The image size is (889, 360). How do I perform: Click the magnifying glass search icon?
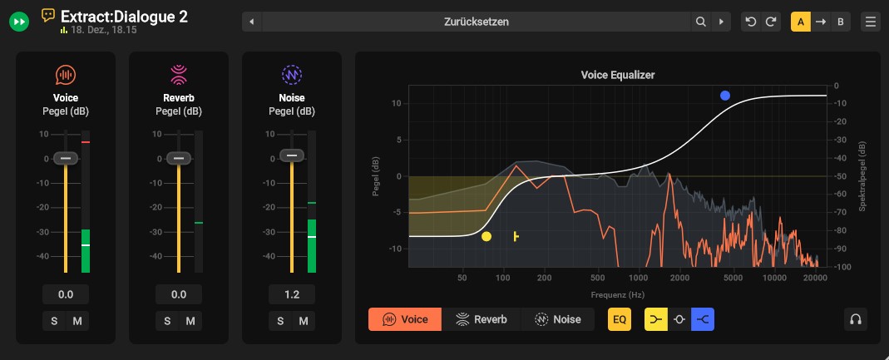click(701, 22)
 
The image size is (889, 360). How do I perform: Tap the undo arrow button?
click(752, 22)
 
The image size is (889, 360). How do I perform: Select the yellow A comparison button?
click(801, 22)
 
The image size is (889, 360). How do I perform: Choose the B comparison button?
click(841, 22)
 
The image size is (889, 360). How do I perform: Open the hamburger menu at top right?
click(871, 22)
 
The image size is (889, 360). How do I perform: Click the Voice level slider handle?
click(66, 158)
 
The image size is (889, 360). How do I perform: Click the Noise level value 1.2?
click(292, 294)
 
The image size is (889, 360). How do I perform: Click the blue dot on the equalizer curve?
click(725, 96)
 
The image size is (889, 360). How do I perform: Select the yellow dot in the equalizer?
click(486, 237)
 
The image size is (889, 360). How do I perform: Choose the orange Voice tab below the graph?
click(405, 319)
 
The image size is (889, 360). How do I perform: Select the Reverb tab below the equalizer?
click(482, 319)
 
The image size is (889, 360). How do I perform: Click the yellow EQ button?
click(620, 319)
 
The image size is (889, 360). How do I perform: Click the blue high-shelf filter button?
click(704, 319)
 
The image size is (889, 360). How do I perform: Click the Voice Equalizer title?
click(618, 75)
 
